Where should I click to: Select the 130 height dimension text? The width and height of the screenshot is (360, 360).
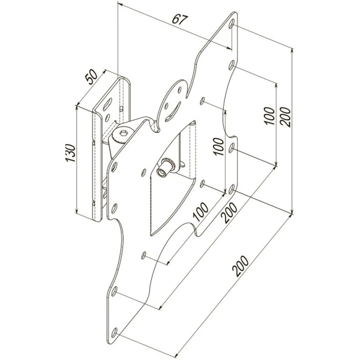coord(70,157)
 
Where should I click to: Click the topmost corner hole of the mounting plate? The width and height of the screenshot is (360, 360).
coord(232,25)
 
